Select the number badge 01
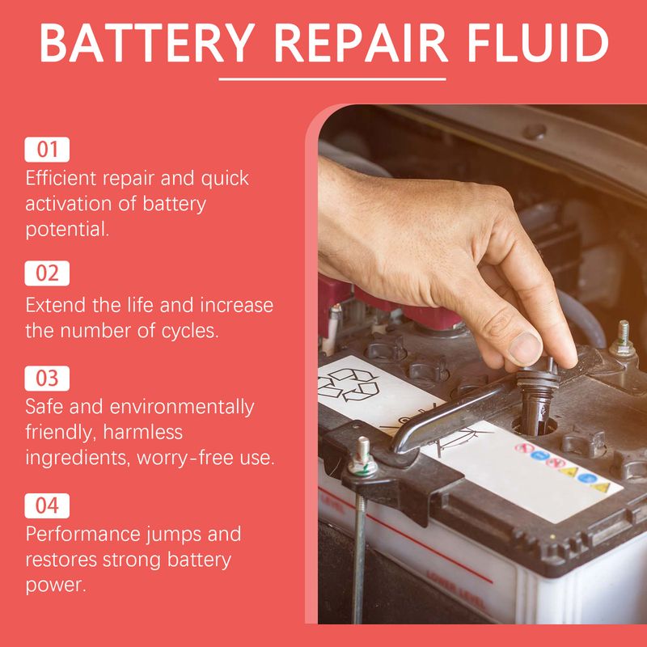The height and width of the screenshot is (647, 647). [48, 150]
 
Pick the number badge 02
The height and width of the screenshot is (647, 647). [48, 273]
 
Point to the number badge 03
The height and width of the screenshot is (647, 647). [48, 378]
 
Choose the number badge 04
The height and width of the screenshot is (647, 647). [48, 506]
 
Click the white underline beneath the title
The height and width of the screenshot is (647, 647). [332, 79]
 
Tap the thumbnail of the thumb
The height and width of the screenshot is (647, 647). [525, 349]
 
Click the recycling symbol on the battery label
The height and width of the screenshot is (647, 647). [349, 384]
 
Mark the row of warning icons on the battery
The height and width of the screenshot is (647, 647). [565, 466]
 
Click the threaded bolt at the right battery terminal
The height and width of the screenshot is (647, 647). [623, 334]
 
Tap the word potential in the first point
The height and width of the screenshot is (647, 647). [66, 230]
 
